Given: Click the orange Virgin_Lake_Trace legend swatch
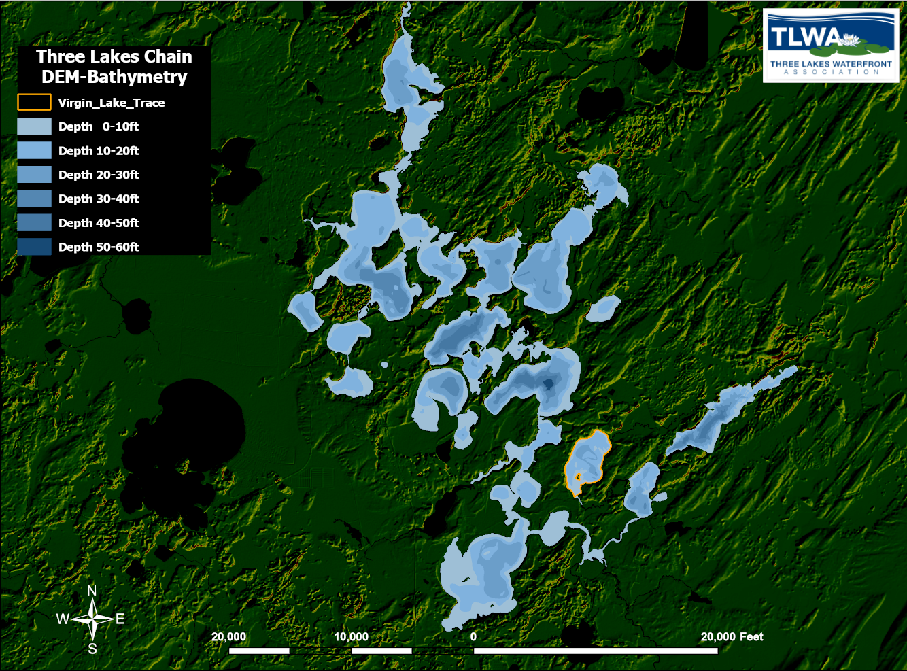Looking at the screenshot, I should (34, 103).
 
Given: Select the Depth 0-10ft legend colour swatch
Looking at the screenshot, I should (34, 126).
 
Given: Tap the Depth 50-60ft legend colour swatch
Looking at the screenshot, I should (34, 247).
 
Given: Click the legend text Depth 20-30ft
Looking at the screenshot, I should (99, 175).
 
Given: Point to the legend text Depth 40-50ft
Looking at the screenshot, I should (99, 223).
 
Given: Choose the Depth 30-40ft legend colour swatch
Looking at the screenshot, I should (34, 199).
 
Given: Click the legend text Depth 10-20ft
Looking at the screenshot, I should (99, 151).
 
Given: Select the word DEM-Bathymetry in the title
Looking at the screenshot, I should (114, 77).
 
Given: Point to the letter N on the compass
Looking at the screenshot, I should (92, 591).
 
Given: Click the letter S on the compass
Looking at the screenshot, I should (92, 649).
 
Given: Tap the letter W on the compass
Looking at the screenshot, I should (63, 619).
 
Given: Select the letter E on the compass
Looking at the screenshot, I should (120, 619).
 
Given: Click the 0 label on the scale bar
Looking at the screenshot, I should (473, 637).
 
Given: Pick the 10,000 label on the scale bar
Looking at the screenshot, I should (351, 637).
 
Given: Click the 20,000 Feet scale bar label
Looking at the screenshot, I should (732, 637).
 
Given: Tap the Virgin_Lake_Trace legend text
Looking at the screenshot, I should (112, 103).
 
